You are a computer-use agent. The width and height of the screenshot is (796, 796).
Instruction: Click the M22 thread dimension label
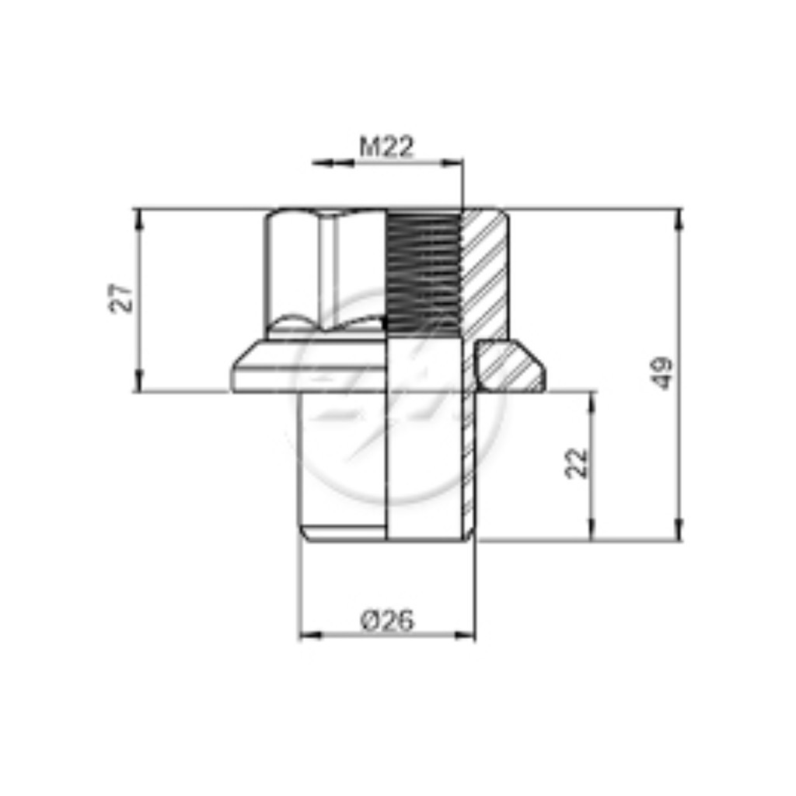(x=387, y=147)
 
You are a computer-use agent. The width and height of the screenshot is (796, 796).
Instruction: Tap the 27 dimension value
(x=122, y=299)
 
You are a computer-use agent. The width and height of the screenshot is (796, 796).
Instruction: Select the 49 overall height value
(x=662, y=374)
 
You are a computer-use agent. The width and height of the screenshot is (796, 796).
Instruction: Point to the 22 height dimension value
(x=576, y=463)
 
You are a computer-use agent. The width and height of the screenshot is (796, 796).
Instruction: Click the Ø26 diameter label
(x=387, y=620)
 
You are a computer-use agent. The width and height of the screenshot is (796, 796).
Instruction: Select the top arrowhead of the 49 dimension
(x=679, y=219)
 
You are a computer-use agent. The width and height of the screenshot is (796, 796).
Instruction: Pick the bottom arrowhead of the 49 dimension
(x=679, y=529)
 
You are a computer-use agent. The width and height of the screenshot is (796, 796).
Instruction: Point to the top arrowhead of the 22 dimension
(x=592, y=403)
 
